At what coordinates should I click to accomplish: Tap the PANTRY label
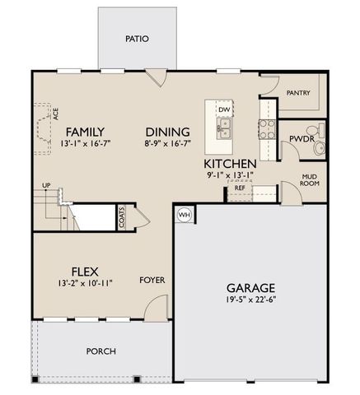298,93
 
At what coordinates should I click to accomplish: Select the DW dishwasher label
224,109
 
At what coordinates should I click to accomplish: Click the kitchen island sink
224,127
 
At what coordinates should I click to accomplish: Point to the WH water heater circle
183,215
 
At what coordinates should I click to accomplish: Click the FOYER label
152,280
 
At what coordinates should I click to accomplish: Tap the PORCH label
101,351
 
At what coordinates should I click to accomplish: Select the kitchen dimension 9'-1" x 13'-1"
231,175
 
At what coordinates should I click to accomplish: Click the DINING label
168,132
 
